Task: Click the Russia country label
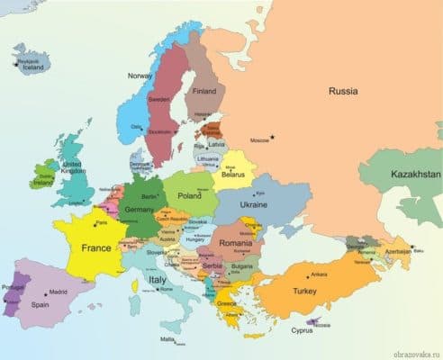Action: (343, 91)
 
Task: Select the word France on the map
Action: (96, 247)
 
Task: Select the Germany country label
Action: (140, 209)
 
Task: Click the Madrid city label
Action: (59, 292)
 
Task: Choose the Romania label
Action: (235, 243)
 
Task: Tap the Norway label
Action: (140, 76)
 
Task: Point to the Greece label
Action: (227, 303)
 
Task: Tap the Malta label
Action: (167, 339)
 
